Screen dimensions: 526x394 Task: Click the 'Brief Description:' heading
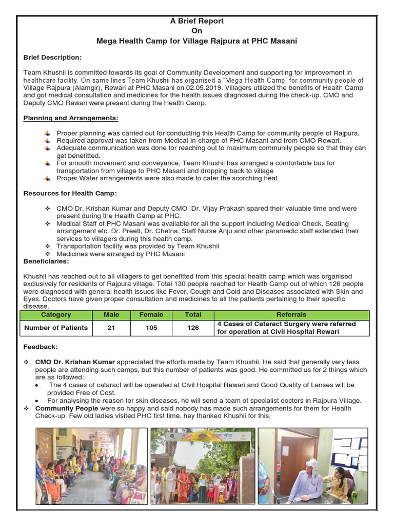[52, 58]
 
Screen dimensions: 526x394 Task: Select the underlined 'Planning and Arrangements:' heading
[71, 118]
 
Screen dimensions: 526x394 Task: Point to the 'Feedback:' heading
[41, 347]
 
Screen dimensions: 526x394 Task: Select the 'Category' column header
[56, 315]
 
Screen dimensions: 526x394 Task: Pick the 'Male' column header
[111, 315]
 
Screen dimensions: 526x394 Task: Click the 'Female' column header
[151, 315]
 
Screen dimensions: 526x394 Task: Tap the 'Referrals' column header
[291, 315]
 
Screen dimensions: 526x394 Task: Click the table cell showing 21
[111, 328]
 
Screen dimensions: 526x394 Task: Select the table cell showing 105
[151, 328]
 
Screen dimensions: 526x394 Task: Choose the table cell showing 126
[193, 328]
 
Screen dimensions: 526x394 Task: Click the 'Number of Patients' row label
[56, 328]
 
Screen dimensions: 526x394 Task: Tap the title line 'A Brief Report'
[197, 21]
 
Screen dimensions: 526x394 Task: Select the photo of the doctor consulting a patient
[312, 466]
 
